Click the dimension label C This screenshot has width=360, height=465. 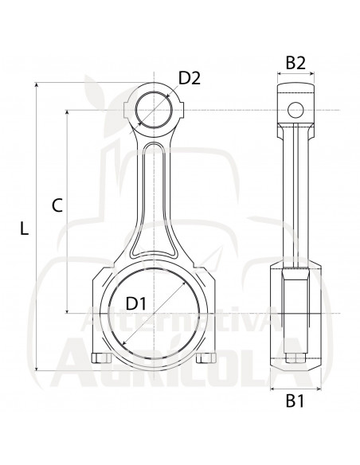[57, 205]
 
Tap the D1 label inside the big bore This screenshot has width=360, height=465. [136, 303]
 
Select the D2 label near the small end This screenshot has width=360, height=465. [189, 78]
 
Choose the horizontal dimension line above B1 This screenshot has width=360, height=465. [295, 389]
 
